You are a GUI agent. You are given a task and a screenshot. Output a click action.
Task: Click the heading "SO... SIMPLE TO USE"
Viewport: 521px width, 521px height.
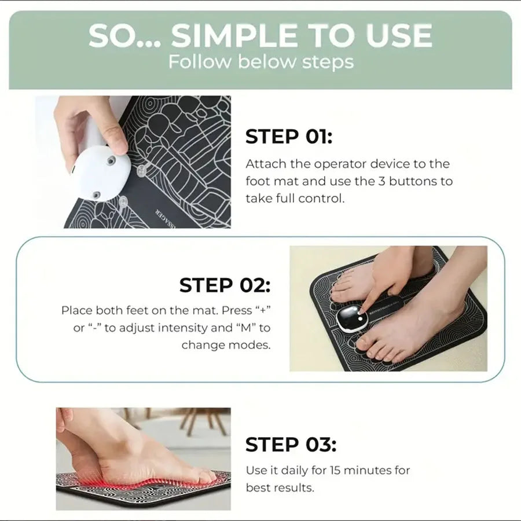pyautogui.click(x=260, y=36)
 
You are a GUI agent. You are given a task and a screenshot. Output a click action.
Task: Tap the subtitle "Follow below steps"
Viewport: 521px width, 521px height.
pyautogui.click(x=260, y=61)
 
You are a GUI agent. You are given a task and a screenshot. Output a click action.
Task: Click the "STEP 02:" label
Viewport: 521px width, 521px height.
pyautogui.click(x=225, y=285)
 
